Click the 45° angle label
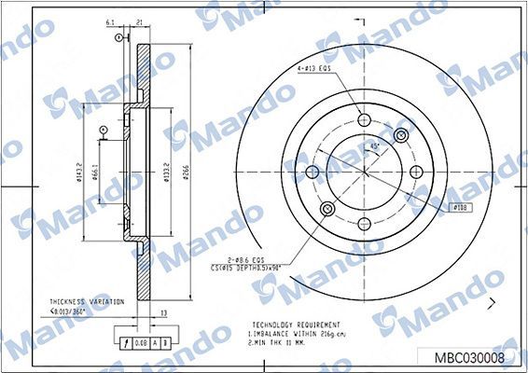(374, 146)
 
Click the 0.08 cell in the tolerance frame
(138, 342)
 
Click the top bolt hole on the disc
(364, 119)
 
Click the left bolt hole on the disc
(313, 171)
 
